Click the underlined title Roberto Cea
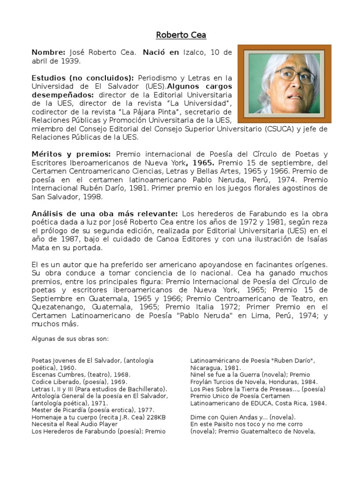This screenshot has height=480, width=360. [180, 35]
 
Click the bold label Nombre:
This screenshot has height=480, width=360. [48, 52]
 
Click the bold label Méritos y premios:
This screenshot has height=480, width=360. [71, 154]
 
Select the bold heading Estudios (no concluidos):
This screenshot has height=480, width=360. [83, 78]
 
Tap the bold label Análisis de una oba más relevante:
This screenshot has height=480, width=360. [104, 214]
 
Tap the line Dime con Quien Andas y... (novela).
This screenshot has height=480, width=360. [243, 417]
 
